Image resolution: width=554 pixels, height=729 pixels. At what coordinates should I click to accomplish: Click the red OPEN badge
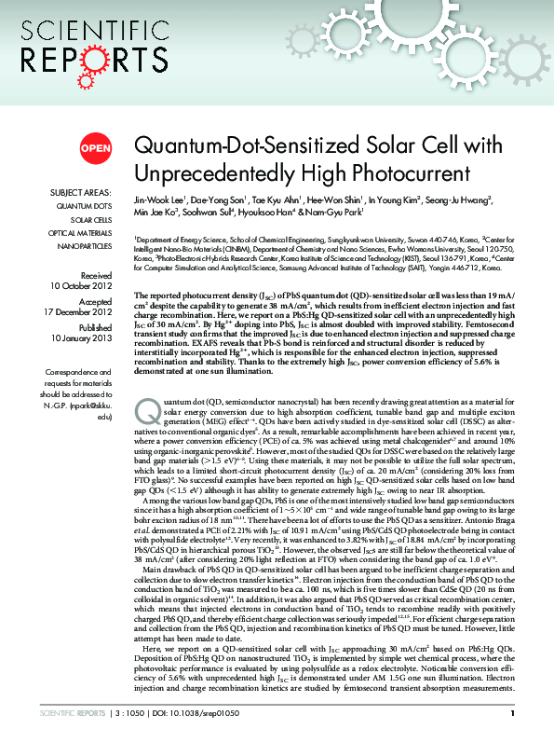click(x=96, y=148)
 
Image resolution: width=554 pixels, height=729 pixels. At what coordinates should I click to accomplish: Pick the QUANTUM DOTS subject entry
click(x=85, y=206)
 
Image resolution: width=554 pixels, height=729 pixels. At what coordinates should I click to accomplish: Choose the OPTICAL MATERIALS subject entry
click(x=80, y=232)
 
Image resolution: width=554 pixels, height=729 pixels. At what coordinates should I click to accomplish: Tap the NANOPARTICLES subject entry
click(x=83, y=245)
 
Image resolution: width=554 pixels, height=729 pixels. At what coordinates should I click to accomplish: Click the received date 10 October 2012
click(x=83, y=286)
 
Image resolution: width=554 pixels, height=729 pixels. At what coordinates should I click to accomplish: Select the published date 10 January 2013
click(x=83, y=340)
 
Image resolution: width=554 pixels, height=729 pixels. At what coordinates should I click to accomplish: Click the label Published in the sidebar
click(x=94, y=329)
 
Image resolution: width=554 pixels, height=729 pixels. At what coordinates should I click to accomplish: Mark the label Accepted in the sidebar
click(x=95, y=302)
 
